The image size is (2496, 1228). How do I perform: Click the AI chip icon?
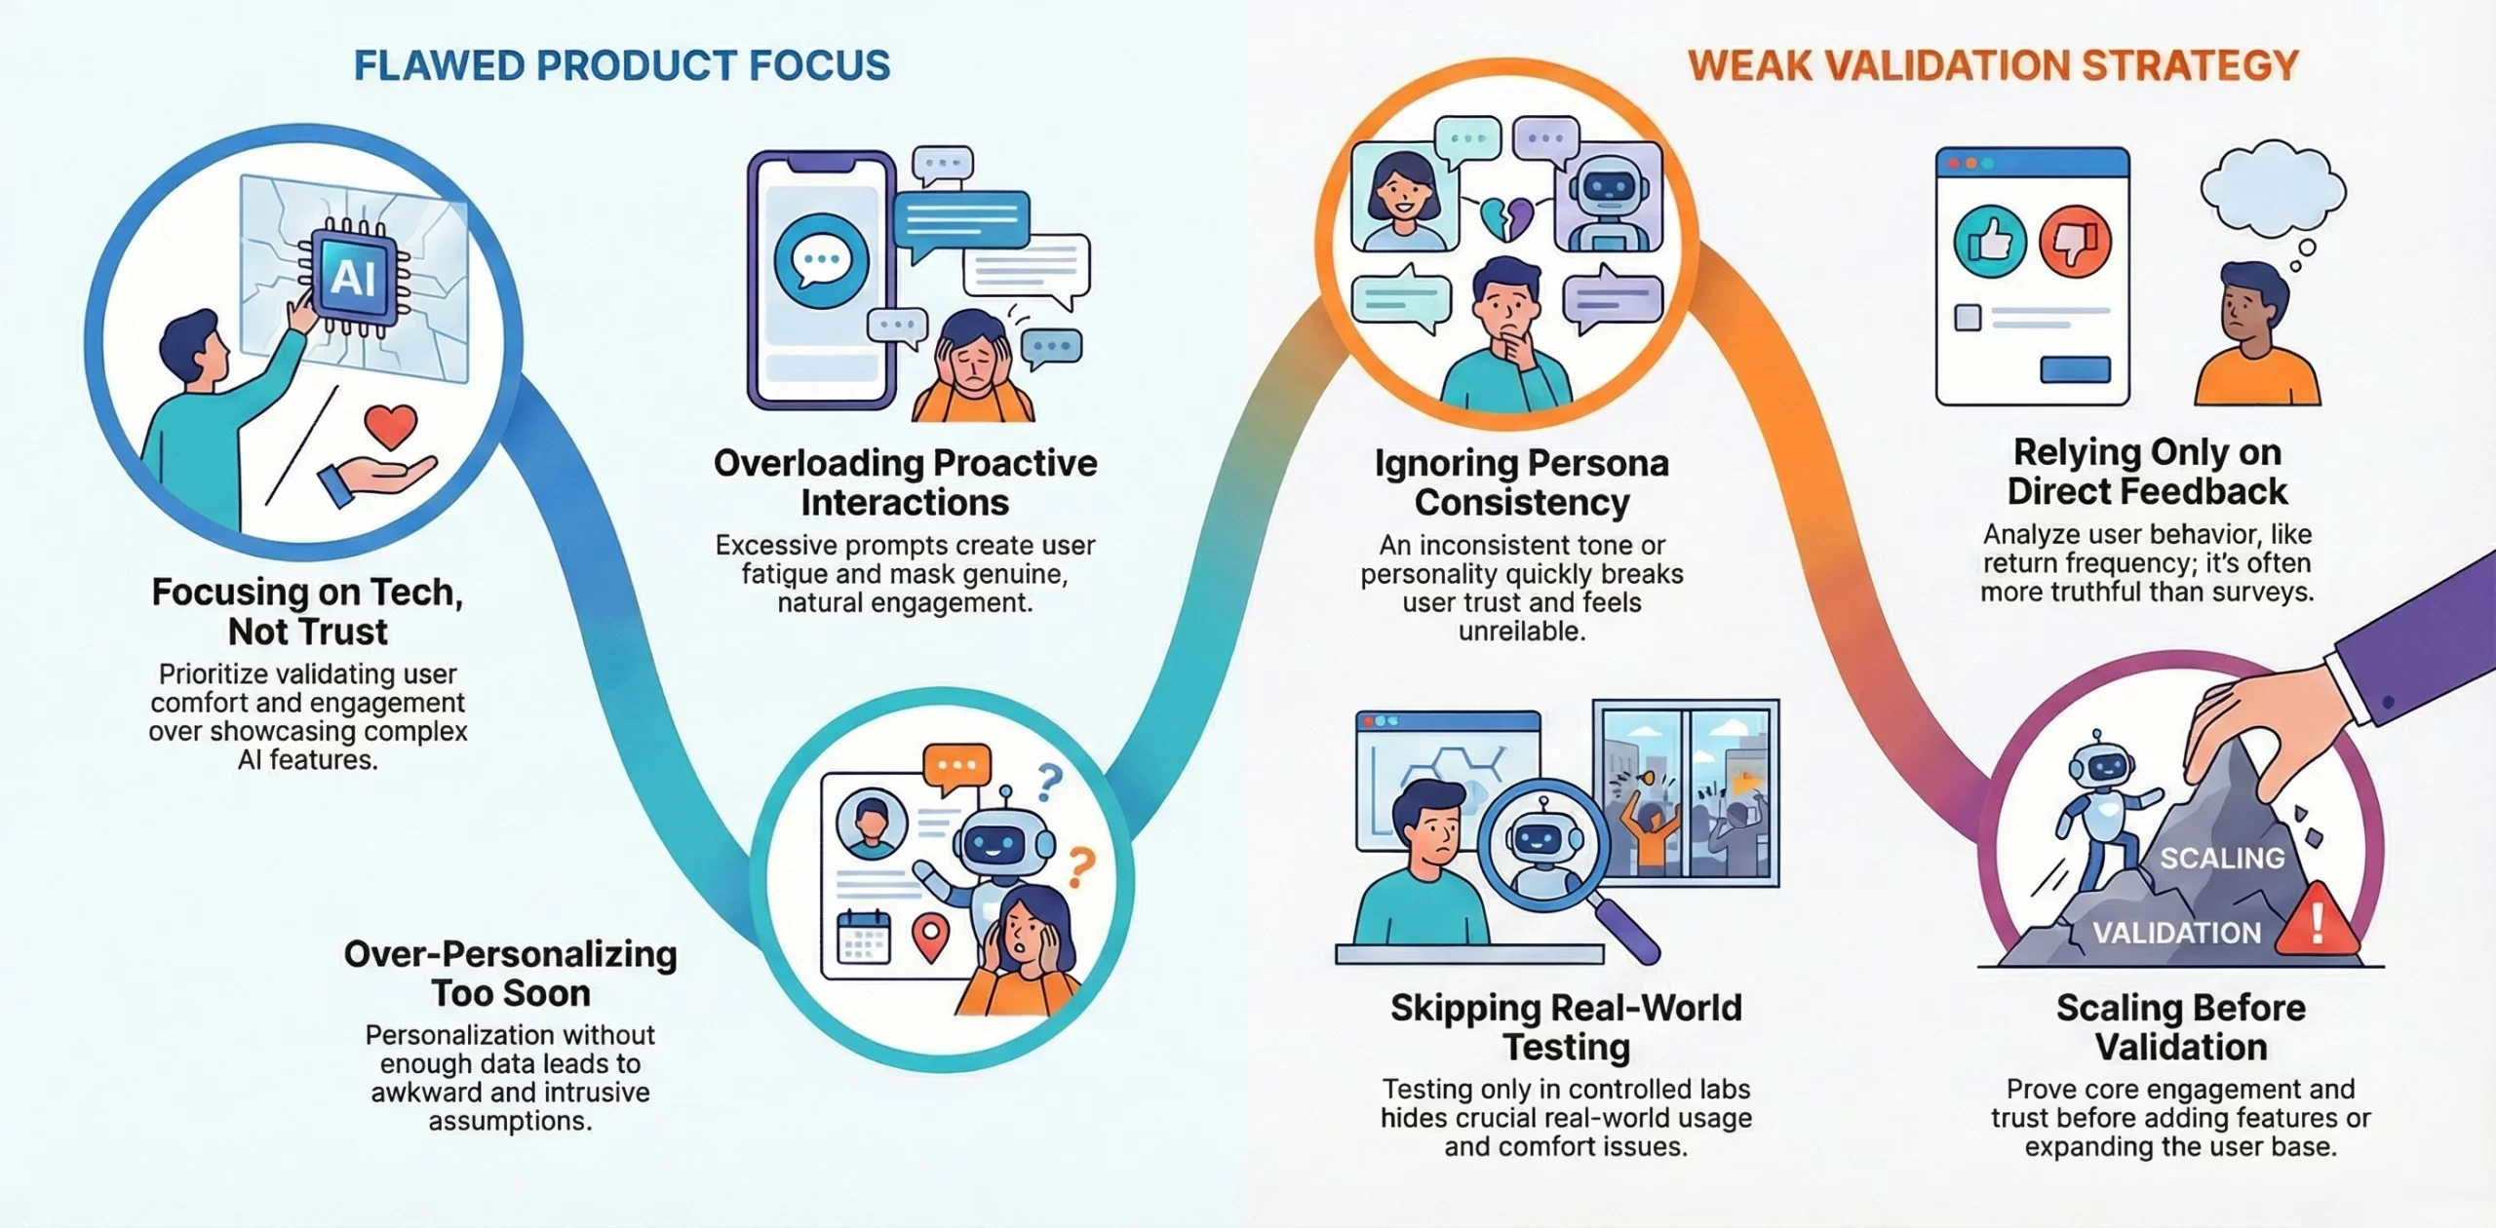(x=353, y=278)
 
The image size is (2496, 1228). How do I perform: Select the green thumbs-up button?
(x=1990, y=241)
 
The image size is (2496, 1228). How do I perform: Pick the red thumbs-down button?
(x=2075, y=241)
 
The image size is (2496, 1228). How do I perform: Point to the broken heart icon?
(x=1506, y=217)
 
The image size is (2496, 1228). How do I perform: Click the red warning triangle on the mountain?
(x=2316, y=920)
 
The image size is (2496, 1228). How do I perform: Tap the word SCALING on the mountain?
(x=2222, y=858)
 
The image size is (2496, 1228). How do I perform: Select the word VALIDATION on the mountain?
(x=2176, y=933)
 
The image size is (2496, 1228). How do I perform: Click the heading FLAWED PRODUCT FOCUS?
(x=622, y=65)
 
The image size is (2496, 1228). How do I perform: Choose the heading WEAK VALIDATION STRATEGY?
(x=1993, y=65)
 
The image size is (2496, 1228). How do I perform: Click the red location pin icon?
(x=930, y=936)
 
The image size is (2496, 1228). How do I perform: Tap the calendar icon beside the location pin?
(x=864, y=936)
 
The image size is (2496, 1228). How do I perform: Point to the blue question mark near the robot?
(x=1049, y=781)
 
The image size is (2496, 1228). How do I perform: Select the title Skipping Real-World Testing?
(x=1566, y=1026)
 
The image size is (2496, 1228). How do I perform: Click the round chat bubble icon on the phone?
(x=821, y=260)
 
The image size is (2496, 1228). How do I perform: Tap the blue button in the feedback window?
(x=2075, y=369)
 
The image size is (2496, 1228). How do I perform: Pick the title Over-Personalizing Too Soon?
(x=510, y=973)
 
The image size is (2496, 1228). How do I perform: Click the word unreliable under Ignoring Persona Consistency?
(x=1521, y=632)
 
